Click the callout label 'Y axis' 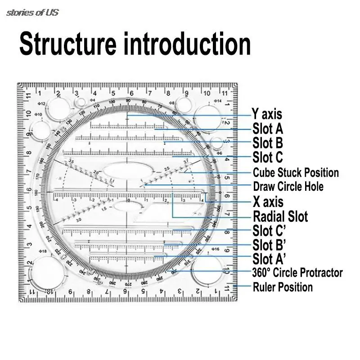click(x=267, y=114)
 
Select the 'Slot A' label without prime click(x=268, y=129)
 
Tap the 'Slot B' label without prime click(x=268, y=143)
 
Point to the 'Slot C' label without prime click(x=268, y=157)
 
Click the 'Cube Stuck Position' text click(x=296, y=172)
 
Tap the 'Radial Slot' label click(x=280, y=216)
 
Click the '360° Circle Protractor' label click(x=297, y=273)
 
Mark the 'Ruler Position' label click(x=283, y=287)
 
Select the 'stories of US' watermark click(x=32, y=13)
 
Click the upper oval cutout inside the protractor click(x=119, y=172)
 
